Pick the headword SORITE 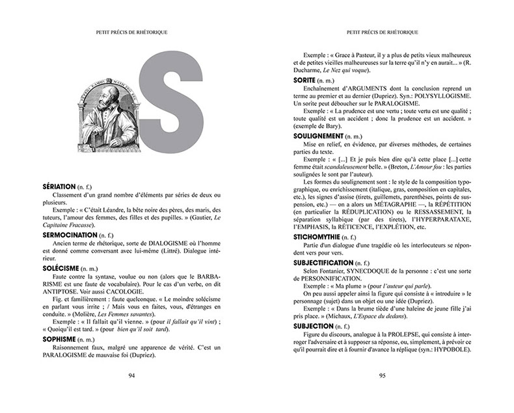(x=308, y=79)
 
